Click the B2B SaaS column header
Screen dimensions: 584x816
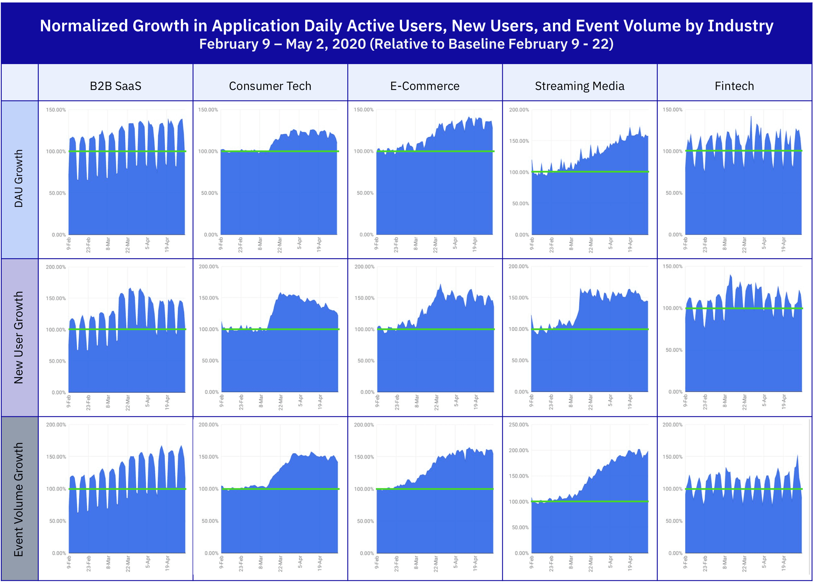pyautogui.click(x=115, y=86)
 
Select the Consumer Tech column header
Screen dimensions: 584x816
pyautogui.click(x=270, y=86)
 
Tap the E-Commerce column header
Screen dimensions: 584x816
pyautogui.click(x=425, y=86)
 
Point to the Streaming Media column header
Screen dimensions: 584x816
pyautogui.click(x=579, y=86)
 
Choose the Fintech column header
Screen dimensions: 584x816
pyautogui.click(x=734, y=86)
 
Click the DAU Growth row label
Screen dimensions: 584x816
pyautogui.click(x=19, y=178)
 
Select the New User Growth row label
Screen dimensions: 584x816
pyautogui.click(x=19, y=337)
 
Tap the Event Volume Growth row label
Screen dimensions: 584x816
pyautogui.click(x=19, y=499)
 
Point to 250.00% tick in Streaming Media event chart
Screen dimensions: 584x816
pyautogui.click(x=518, y=425)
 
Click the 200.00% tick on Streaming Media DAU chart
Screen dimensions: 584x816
pyautogui.click(x=519, y=110)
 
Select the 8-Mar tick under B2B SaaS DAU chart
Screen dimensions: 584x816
pyautogui.click(x=108, y=243)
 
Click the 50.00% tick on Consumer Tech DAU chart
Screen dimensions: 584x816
pyautogui.click(x=209, y=193)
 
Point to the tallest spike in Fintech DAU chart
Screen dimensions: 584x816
pyautogui.click(x=751, y=116)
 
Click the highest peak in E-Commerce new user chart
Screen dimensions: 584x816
pyautogui.click(x=440, y=284)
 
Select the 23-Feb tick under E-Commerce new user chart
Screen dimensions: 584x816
pyautogui.click(x=397, y=402)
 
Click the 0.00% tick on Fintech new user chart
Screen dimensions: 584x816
pyautogui.click(x=675, y=392)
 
